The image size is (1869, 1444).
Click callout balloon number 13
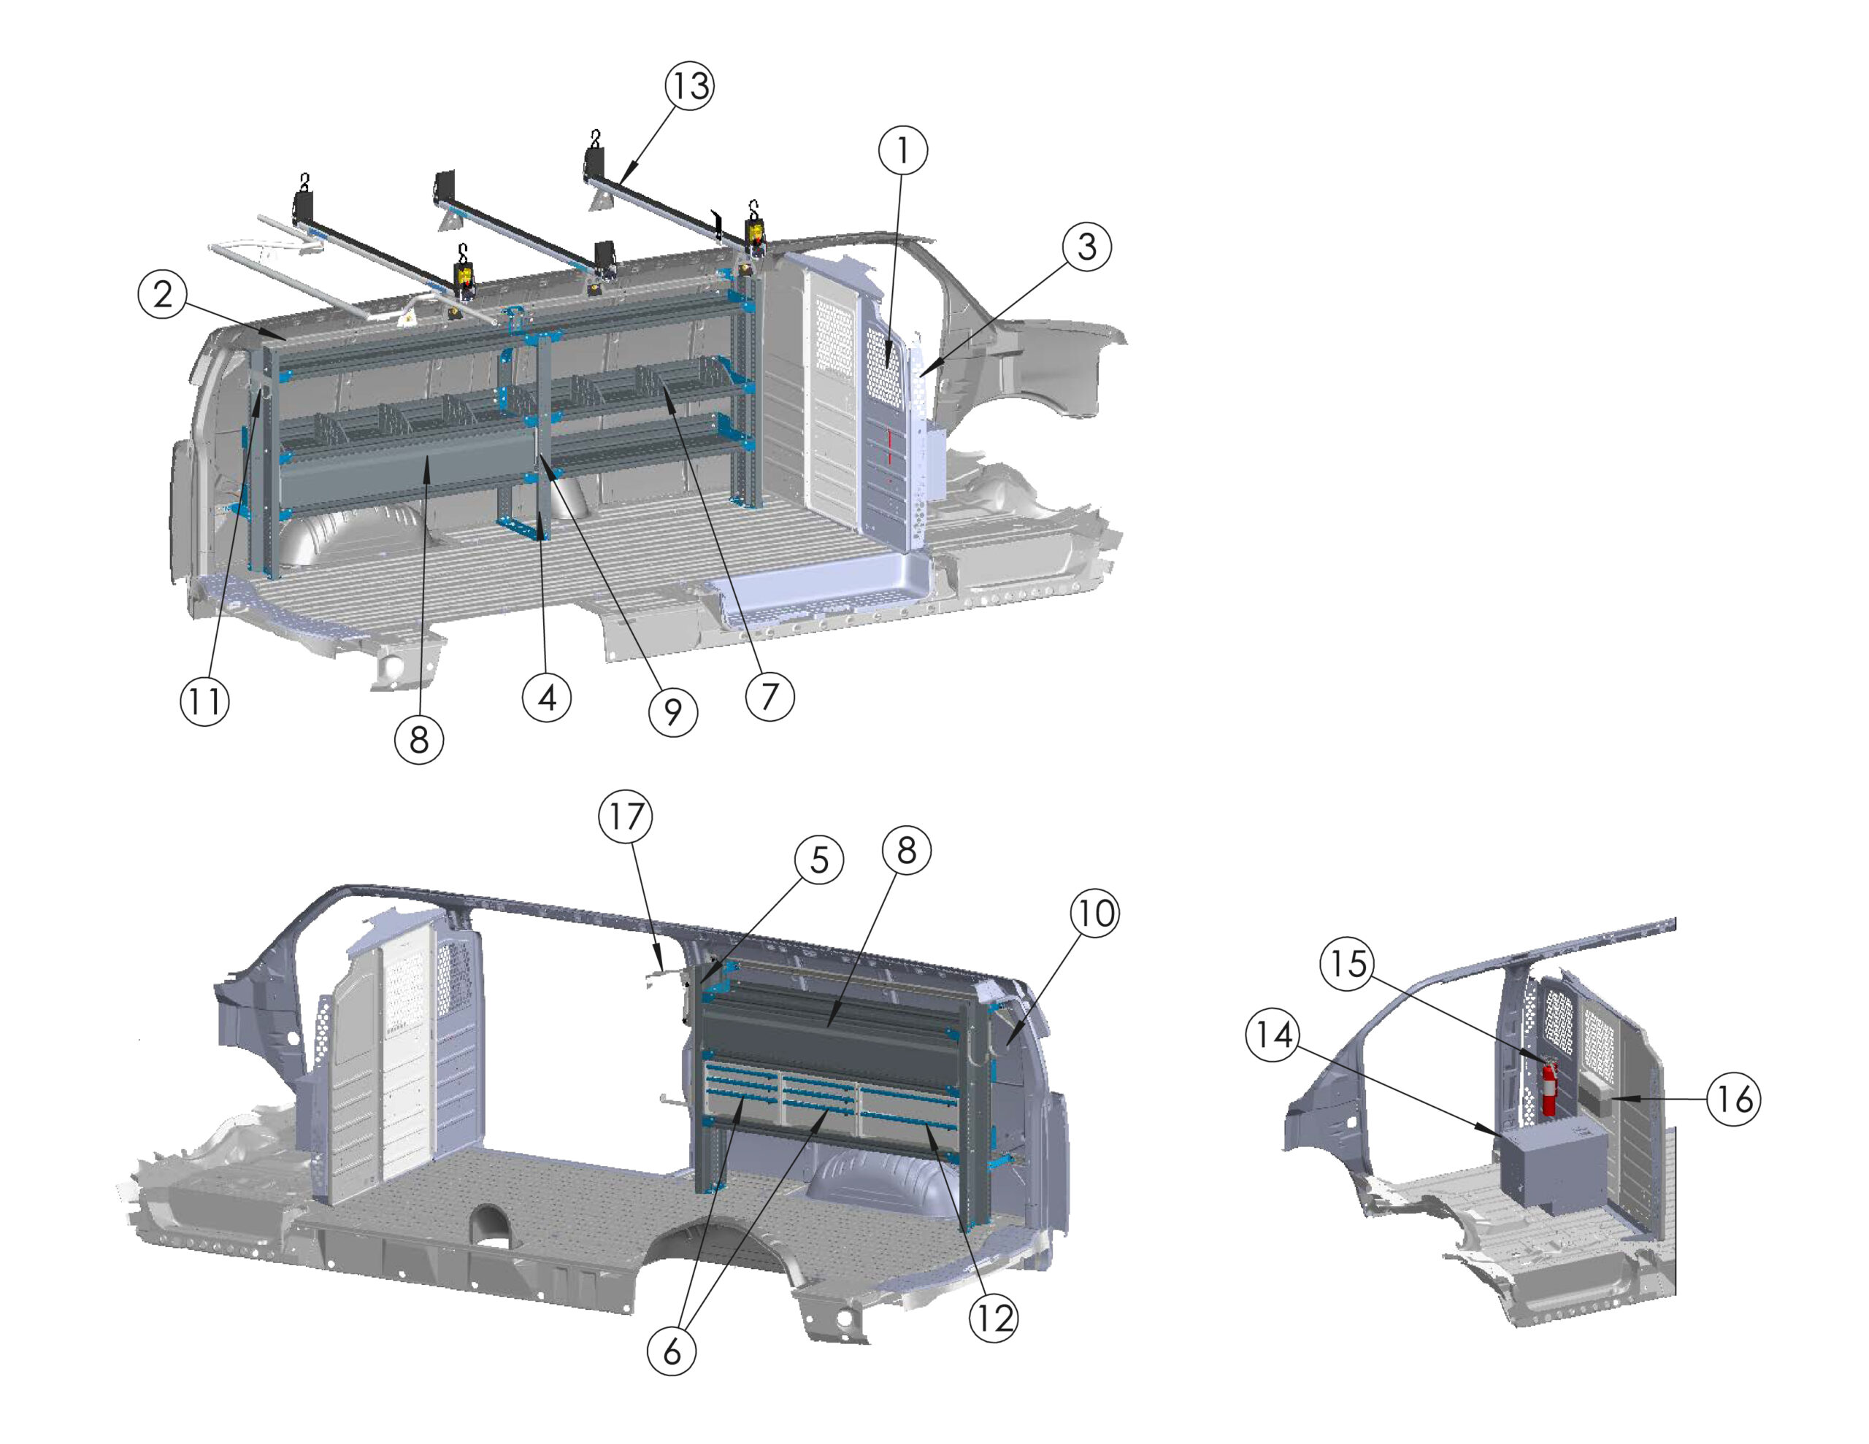[691, 86]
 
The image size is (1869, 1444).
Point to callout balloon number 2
[163, 295]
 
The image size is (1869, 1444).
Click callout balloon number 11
[204, 701]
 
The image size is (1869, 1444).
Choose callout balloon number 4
[547, 698]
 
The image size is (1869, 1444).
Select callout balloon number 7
[770, 696]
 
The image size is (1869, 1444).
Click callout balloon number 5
[819, 860]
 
